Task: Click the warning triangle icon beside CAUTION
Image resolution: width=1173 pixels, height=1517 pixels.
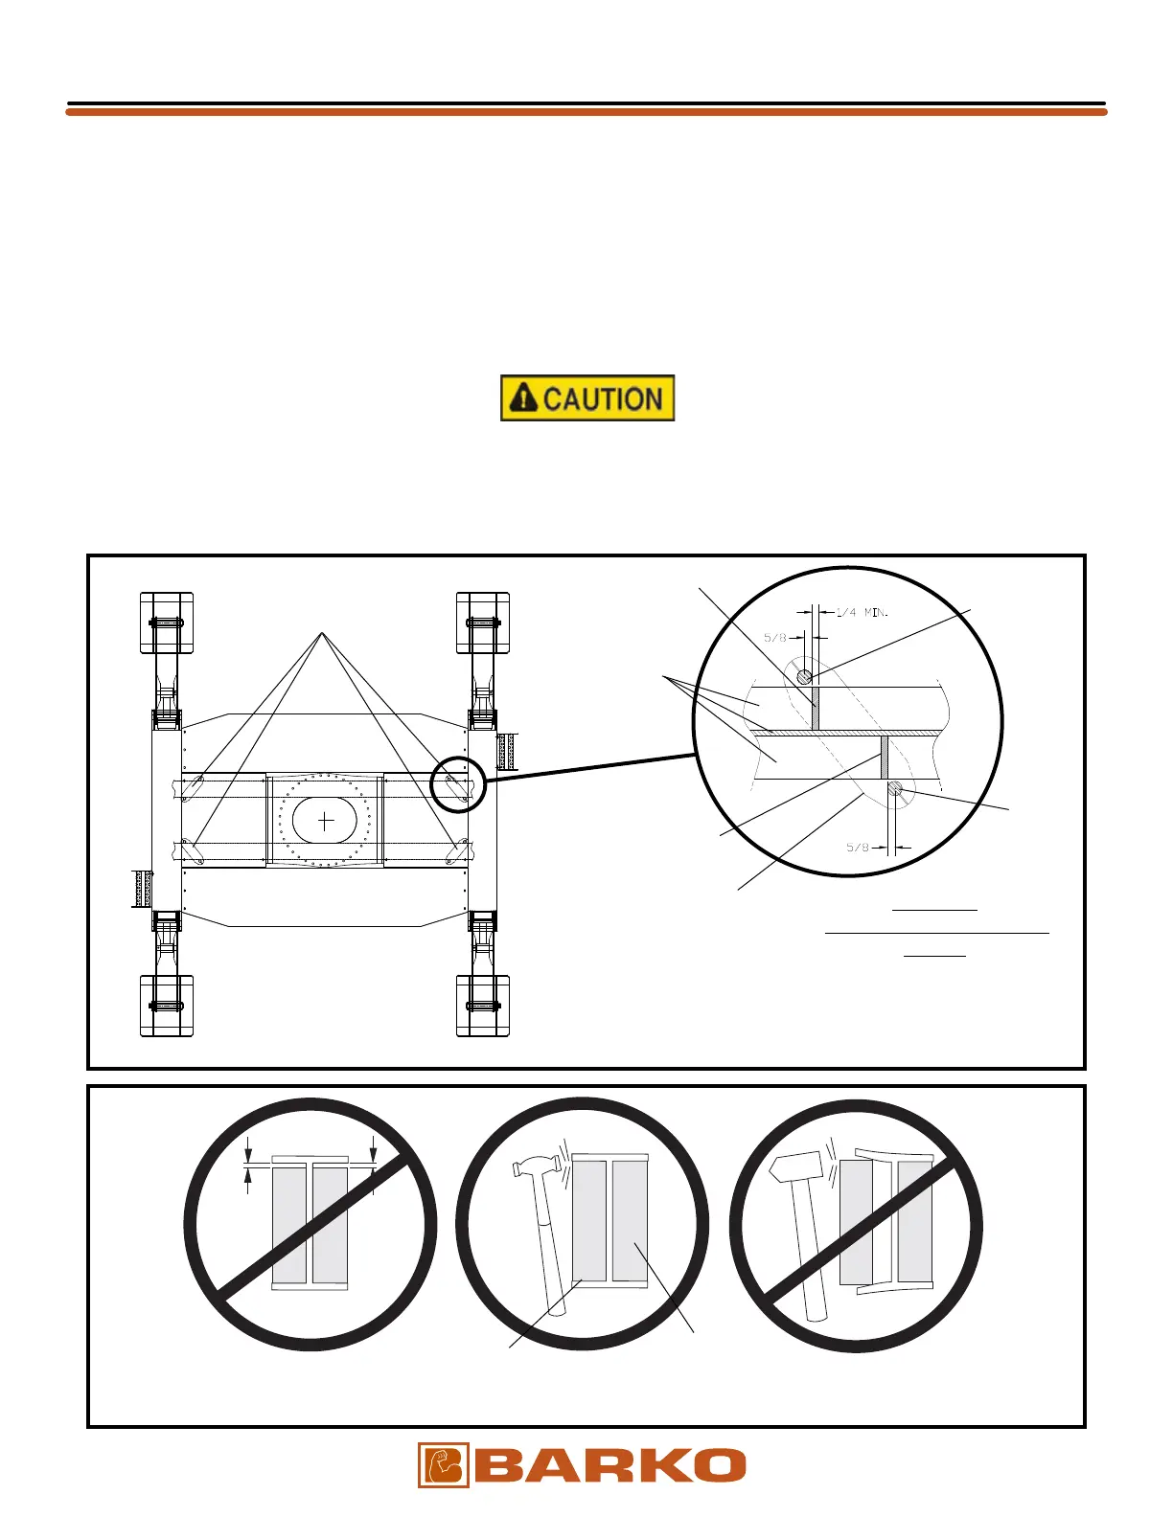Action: (x=522, y=397)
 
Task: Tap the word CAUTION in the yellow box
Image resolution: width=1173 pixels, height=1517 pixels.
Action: (x=603, y=398)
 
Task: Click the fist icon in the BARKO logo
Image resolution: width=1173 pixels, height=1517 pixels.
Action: (x=443, y=1464)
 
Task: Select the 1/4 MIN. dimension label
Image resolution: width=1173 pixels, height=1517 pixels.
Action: (x=862, y=612)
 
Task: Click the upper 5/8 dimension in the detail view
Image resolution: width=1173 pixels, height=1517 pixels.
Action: (x=775, y=637)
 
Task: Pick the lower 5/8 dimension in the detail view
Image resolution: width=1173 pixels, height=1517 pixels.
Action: (x=858, y=847)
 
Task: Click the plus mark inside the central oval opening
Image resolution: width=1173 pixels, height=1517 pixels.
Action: (x=326, y=820)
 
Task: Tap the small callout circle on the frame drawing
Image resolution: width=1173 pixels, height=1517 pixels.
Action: (x=458, y=783)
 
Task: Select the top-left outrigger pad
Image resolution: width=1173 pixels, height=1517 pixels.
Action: (x=167, y=623)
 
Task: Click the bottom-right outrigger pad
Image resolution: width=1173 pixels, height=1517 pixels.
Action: (x=483, y=1006)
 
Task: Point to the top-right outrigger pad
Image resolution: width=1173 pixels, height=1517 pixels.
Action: (x=483, y=623)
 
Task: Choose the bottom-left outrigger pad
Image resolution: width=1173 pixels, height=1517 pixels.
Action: (x=167, y=1006)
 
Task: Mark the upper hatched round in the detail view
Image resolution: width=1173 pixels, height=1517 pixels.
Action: (x=805, y=676)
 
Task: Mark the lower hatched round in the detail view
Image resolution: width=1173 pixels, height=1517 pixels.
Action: (x=895, y=788)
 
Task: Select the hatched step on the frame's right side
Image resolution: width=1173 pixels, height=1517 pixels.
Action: (x=506, y=750)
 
